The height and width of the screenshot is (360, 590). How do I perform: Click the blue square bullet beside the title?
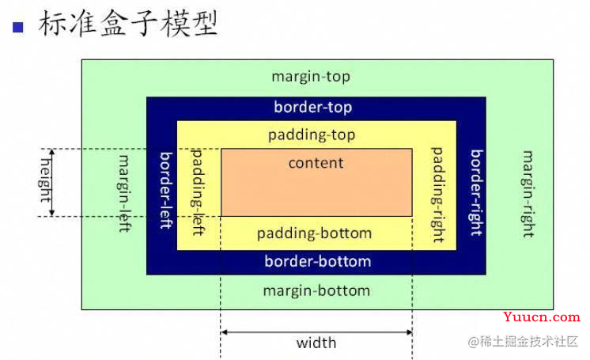click(x=18, y=28)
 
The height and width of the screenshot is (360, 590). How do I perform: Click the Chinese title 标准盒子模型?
click(x=128, y=24)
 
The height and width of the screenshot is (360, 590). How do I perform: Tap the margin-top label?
click(x=311, y=77)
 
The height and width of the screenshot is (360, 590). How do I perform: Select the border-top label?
click(x=313, y=108)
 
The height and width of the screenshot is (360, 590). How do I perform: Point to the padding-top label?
click(x=312, y=135)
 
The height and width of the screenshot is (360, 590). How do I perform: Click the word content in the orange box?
click(x=316, y=163)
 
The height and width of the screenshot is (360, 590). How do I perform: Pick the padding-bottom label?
click(x=314, y=233)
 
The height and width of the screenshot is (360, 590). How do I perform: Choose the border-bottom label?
click(x=318, y=261)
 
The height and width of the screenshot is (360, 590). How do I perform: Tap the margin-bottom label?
click(x=316, y=290)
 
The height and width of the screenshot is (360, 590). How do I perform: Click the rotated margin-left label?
click(x=124, y=194)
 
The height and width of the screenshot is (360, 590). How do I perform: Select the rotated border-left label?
click(x=166, y=191)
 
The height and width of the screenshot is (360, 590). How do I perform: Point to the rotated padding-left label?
click(x=198, y=192)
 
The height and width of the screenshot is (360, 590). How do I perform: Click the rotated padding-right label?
click(x=437, y=195)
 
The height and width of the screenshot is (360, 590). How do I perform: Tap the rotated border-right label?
click(x=476, y=193)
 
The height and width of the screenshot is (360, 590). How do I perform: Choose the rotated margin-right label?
click(x=528, y=194)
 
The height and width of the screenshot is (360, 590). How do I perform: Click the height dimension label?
click(x=45, y=180)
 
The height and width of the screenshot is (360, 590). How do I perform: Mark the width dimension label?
click(x=316, y=343)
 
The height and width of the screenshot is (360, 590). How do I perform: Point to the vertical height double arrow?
click(x=52, y=183)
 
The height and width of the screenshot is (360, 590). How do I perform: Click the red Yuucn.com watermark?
click(x=542, y=317)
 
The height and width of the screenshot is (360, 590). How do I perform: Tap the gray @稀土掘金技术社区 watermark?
click(x=523, y=342)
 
